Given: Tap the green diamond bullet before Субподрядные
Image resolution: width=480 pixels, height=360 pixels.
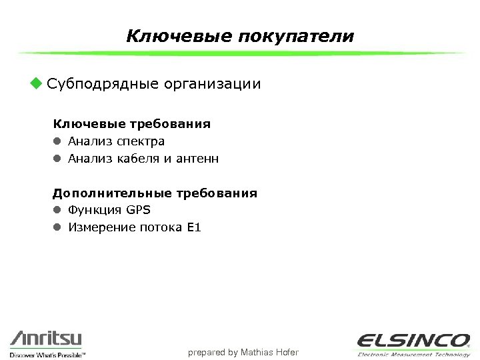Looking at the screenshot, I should point(35,84).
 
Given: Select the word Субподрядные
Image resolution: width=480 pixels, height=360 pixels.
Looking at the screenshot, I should point(103,85).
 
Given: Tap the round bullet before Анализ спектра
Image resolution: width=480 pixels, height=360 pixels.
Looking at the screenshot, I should point(58,141).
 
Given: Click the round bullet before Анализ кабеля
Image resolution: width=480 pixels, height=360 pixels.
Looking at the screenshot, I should point(58,159).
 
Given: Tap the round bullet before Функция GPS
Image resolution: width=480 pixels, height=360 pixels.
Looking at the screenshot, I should point(58,211).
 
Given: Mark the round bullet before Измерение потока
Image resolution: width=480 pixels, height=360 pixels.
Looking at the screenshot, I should point(58,228).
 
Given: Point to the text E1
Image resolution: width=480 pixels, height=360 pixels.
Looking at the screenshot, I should point(194,228).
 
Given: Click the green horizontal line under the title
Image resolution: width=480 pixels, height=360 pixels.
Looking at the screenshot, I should point(240,53).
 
